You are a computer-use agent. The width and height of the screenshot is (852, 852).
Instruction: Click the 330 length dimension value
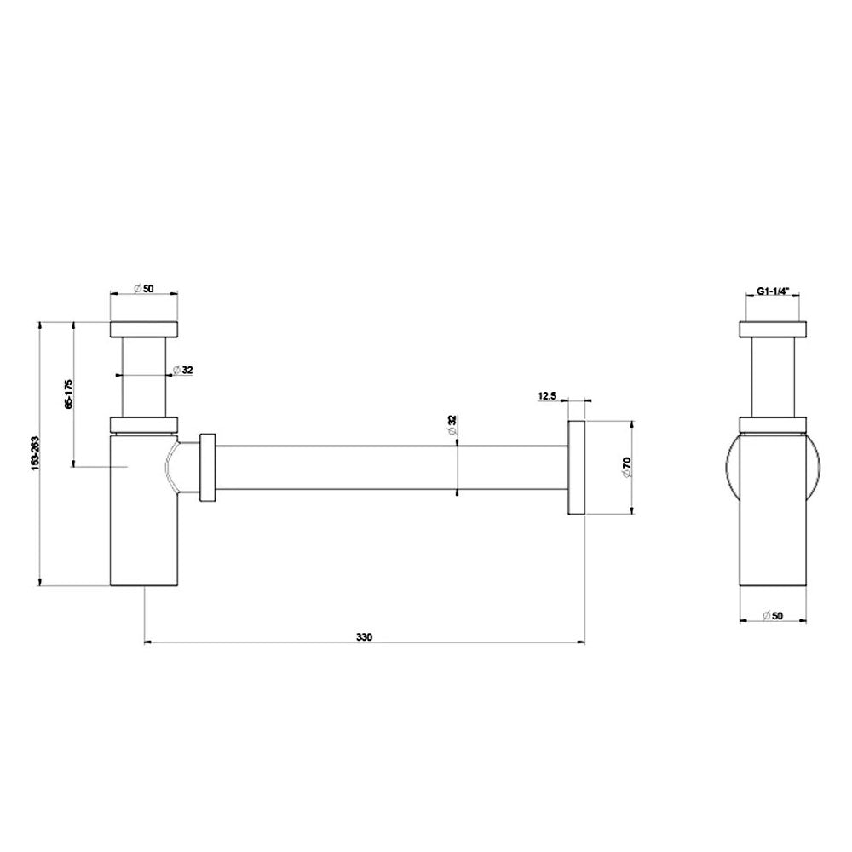point(364,636)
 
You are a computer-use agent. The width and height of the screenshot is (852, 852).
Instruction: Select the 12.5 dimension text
point(547,395)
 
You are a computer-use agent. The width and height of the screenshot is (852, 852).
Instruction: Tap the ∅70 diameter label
point(626,467)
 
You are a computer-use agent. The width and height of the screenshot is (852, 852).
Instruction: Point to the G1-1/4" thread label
point(773,291)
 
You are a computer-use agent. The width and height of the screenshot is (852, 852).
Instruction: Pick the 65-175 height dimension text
point(68,394)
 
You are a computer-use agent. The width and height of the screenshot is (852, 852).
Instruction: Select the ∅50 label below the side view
point(772,615)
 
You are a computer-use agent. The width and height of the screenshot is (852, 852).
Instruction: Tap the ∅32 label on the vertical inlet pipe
point(183,370)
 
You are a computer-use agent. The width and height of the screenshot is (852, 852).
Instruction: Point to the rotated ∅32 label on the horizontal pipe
point(452,426)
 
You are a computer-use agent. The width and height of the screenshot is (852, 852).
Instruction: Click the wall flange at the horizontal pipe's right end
point(576,467)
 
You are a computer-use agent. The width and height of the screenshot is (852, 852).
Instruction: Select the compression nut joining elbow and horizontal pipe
point(206,468)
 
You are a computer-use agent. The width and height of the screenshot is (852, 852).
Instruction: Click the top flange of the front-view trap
point(144,330)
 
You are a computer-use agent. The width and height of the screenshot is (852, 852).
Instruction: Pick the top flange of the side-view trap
point(773,330)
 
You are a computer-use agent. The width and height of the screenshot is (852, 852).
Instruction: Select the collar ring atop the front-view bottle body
point(144,423)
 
